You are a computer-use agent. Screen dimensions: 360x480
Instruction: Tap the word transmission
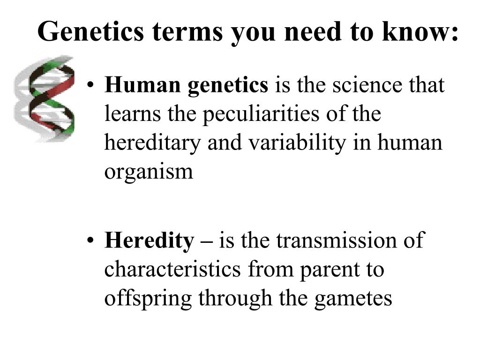[x=332, y=241]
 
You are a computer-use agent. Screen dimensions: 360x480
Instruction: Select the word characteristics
[x=173, y=270]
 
